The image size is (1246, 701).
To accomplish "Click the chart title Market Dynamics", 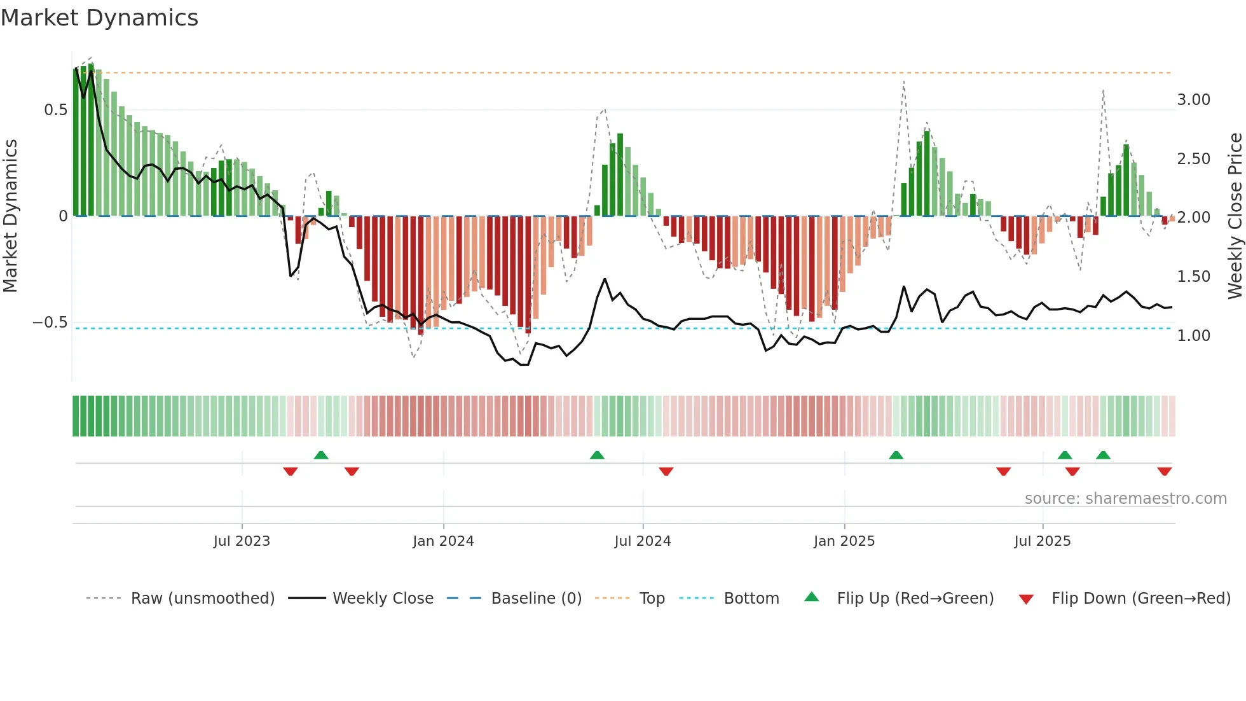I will pos(99,18).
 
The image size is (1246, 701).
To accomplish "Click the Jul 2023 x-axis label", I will pos(242,541).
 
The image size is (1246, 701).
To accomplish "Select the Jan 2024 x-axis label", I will pos(443,541).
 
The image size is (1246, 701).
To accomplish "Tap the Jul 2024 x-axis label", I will pos(642,541).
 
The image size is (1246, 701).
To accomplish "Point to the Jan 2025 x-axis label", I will pos(844,541).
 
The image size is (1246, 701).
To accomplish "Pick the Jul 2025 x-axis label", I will pos(1042,541).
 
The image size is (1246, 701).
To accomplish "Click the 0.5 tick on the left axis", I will pos(55,110).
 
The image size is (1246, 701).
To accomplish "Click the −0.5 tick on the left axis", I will pos(50,323).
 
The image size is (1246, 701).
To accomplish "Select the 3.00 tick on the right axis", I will pos(1193,100).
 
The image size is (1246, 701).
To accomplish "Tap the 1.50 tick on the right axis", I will pos(1193,277).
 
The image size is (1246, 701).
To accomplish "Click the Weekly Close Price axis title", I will pos(1235,216).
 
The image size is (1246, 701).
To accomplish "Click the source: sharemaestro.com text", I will pos(1125,499).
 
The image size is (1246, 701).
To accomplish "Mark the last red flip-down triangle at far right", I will pos(1164,471).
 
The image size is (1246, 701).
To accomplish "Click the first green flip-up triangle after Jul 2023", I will pos(321,455).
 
